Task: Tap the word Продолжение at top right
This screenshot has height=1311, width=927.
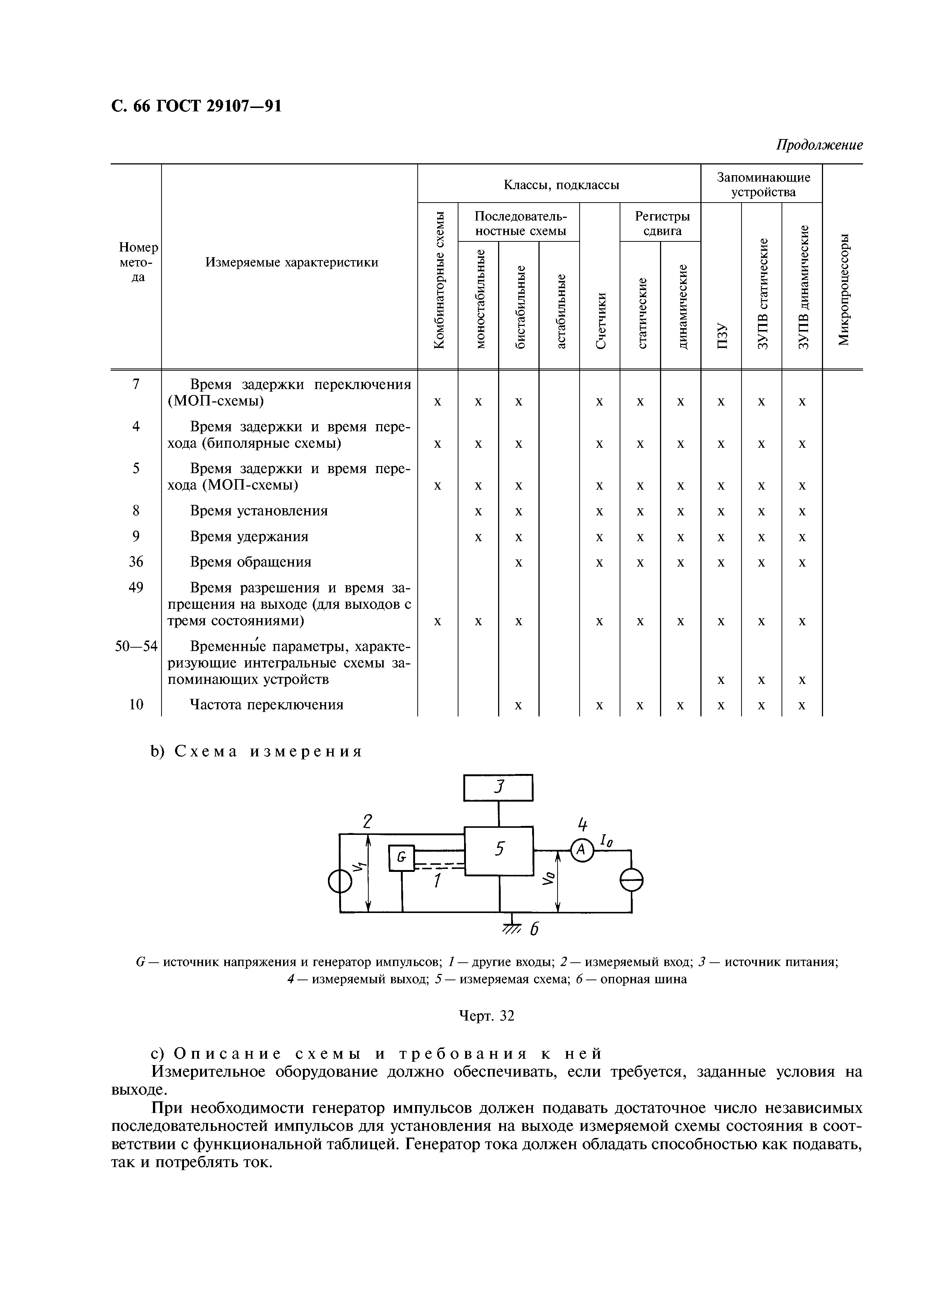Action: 819,145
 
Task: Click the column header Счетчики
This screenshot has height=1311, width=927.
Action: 600,320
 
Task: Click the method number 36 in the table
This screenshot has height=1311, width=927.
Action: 136,562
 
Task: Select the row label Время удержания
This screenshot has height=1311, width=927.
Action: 249,537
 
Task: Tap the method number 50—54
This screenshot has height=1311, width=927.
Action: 136,647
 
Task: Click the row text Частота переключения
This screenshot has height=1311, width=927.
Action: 266,704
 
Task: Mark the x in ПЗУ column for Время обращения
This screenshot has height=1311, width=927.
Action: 721,563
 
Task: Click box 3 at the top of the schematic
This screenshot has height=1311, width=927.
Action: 498,788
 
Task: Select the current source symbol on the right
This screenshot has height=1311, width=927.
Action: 632,880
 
